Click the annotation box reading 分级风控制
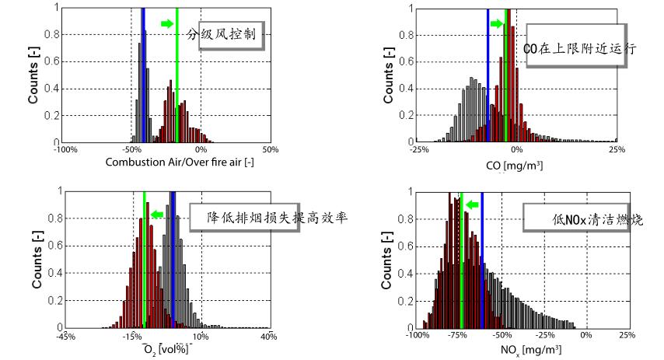click(x=227, y=35)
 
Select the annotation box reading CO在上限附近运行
click(x=580, y=48)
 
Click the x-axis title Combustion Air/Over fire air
click(x=161, y=162)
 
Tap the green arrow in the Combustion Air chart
click(x=166, y=24)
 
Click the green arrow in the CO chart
click(x=497, y=24)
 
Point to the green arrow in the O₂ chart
click(x=158, y=214)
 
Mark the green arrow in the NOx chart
click(x=472, y=204)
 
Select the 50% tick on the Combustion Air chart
click(x=270, y=149)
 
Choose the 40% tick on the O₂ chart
click(x=269, y=335)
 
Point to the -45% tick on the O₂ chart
click(x=65, y=335)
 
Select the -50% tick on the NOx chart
click(x=501, y=335)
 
